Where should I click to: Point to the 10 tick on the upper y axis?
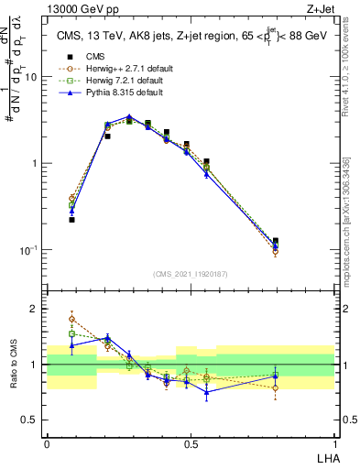[x=33, y=77]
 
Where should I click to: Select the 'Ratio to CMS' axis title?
[x=14, y=365]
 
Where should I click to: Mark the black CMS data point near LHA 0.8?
[x=276, y=241]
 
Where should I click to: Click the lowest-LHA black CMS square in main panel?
[x=71, y=220]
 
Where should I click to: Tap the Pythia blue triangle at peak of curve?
[x=129, y=117]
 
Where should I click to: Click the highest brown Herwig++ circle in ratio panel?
[x=71, y=319]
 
